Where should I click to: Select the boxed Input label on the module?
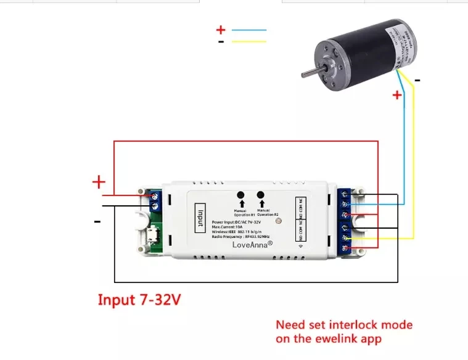[200, 218]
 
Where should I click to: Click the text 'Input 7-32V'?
[140, 300]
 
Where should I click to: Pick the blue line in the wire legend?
[248, 30]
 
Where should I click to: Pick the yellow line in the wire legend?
[248, 41]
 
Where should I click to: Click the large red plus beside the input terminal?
[99, 182]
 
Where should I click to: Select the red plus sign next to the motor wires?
[397, 95]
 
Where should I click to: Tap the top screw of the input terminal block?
[154, 195]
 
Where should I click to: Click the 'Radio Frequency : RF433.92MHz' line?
[241, 237]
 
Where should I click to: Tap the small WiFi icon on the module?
[301, 245]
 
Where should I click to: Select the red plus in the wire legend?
[221, 29]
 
